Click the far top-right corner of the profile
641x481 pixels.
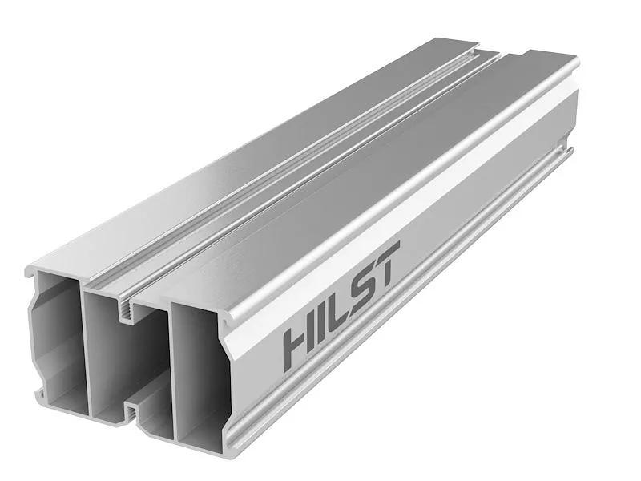(575, 60)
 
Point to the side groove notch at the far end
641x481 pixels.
(570, 148)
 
